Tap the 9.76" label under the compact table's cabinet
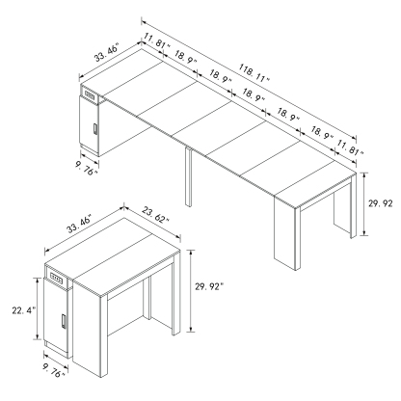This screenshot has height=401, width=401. pos(55,367)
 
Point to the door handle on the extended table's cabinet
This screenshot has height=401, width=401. pos(94,130)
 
